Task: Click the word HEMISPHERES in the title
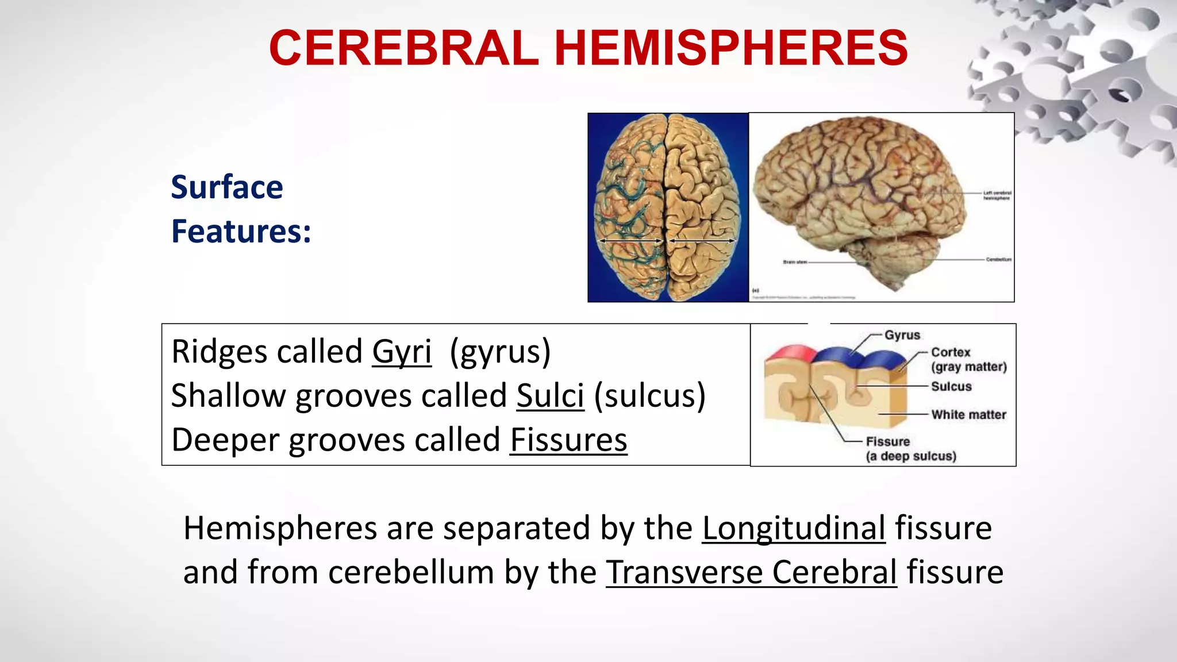(731, 48)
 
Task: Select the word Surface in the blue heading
(227, 187)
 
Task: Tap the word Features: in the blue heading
(241, 231)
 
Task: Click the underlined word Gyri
(401, 352)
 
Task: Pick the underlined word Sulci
(550, 396)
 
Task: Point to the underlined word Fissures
(568, 440)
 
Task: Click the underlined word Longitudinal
(794, 528)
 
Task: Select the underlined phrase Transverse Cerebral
(751, 572)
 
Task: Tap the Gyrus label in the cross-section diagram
(902, 335)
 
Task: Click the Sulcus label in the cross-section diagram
(951, 387)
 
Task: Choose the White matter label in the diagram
(968, 415)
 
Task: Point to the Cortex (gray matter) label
(968, 359)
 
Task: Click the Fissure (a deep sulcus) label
(910, 449)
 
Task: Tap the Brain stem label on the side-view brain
(795, 262)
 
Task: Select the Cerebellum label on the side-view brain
(998, 260)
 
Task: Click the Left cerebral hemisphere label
(997, 195)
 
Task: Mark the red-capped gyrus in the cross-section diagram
(787, 352)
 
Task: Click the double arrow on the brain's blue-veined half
(630, 241)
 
